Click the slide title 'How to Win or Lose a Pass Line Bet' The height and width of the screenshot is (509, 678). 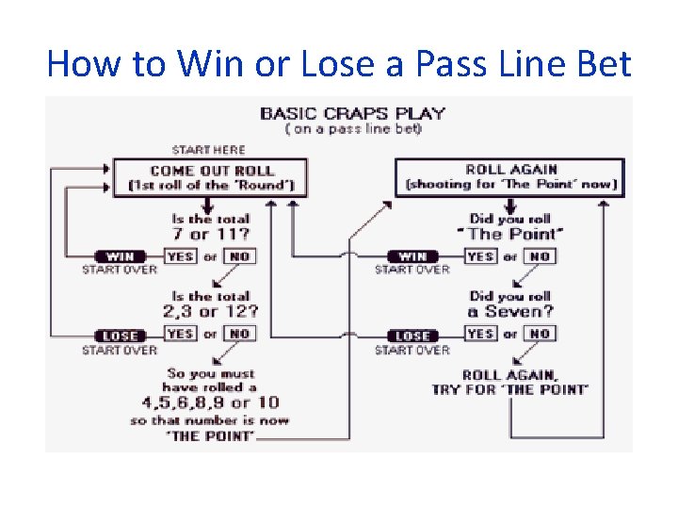pyautogui.click(x=339, y=64)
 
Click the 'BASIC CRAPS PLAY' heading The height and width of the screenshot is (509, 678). pyautogui.click(x=352, y=113)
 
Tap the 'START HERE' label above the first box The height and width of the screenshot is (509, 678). pyautogui.click(x=208, y=149)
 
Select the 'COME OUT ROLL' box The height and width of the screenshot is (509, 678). pyautogui.click(x=212, y=177)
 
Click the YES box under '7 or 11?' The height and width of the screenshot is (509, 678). pyautogui.click(x=180, y=256)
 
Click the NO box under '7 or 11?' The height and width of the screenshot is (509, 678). pyautogui.click(x=240, y=256)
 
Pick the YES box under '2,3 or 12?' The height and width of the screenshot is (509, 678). pyautogui.click(x=180, y=334)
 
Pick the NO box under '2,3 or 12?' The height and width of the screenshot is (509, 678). pyautogui.click(x=240, y=334)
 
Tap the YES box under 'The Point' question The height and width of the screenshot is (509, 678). pyautogui.click(x=480, y=256)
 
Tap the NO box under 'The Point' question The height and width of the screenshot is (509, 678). pyautogui.click(x=540, y=256)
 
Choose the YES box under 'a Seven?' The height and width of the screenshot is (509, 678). pyautogui.click(x=480, y=334)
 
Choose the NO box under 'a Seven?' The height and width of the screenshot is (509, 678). pyautogui.click(x=540, y=334)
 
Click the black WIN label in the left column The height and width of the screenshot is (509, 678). pyautogui.click(x=120, y=256)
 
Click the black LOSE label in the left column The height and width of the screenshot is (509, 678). pyautogui.click(x=120, y=335)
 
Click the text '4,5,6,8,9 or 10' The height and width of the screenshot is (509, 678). pyautogui.click(x=210, y=402)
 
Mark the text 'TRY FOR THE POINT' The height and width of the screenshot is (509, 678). pyautogui.click(x=510, y=389)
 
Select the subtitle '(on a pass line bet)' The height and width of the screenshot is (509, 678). pyautogui.click(x=352, y=128)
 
